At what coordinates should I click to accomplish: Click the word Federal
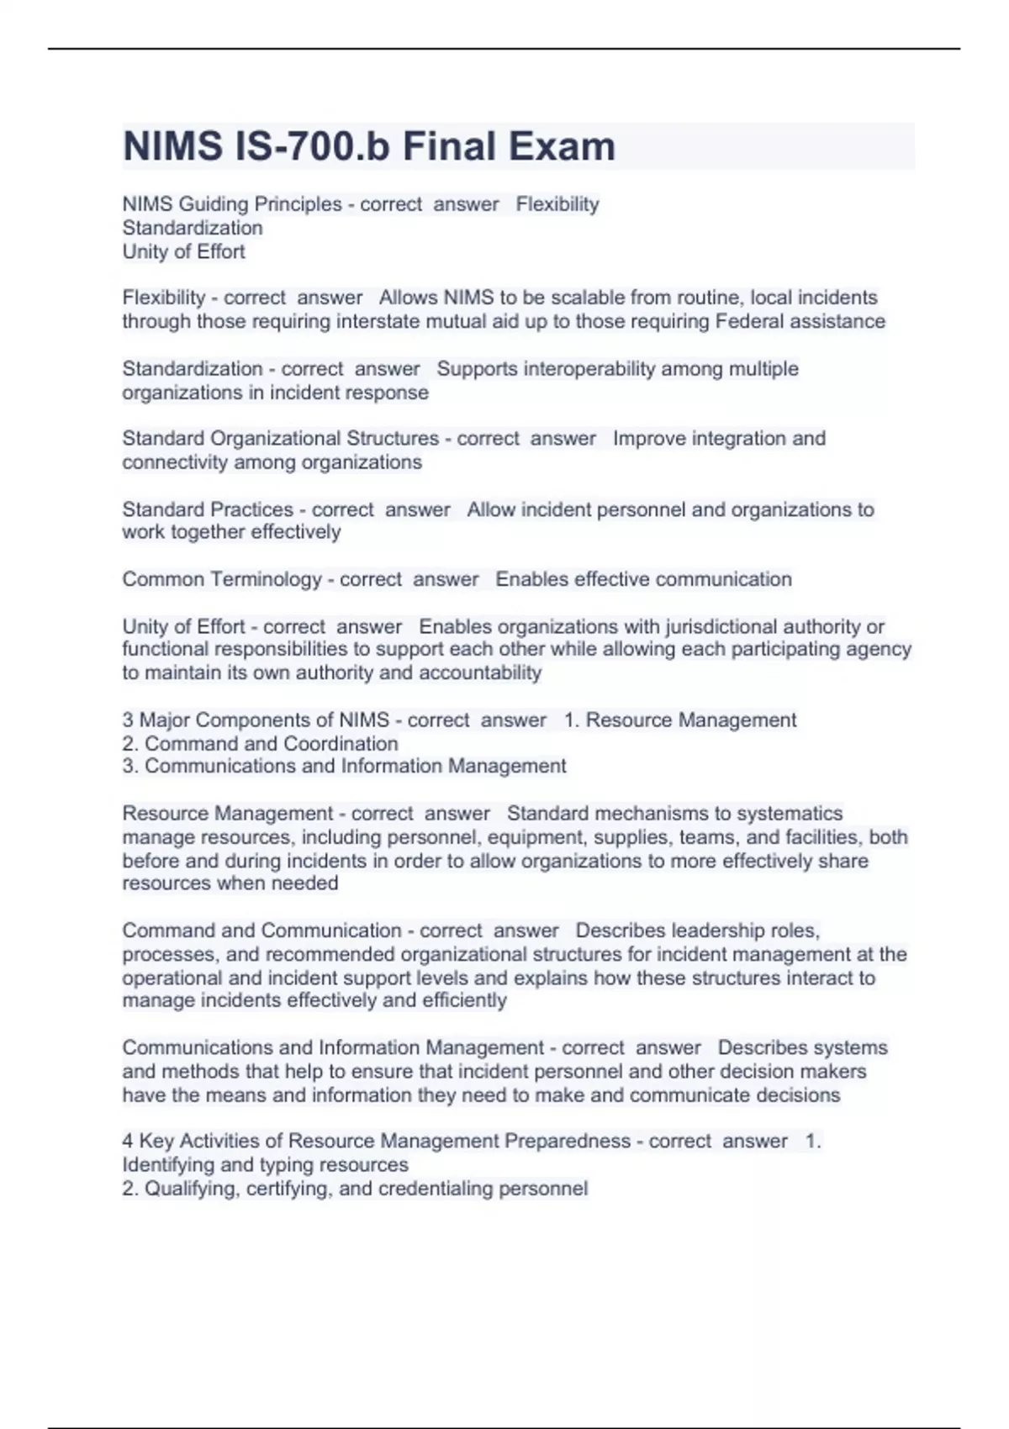(748, 321)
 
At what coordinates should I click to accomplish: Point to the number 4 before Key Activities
(128, 1141)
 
